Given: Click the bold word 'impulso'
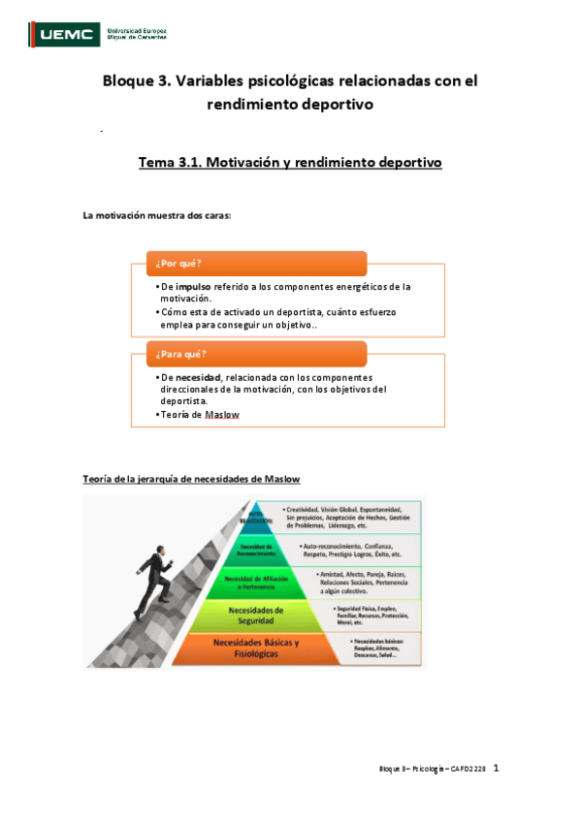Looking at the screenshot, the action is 195,287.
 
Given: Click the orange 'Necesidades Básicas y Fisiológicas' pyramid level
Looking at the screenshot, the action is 255,648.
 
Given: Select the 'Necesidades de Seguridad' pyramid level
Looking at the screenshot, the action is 255,615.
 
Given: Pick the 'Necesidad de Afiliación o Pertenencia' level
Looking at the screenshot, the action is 255,582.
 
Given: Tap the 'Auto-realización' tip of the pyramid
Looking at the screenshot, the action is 256,517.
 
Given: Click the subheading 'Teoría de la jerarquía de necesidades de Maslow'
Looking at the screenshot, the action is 192,479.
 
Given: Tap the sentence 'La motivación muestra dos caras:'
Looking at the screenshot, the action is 157,215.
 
